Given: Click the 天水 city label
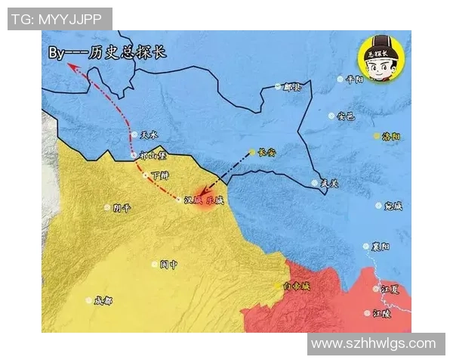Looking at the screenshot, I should tap(149, 135).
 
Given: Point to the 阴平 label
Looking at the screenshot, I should tap(121, 207).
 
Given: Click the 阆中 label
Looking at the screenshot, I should tap(168, 265).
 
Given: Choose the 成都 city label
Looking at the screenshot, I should tap(103, 300).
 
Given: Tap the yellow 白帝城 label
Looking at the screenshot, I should tap(296, 286).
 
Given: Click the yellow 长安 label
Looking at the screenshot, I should tap(267, 152).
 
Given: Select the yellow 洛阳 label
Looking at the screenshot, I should tap(391, 136).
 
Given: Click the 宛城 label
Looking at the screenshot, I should tap(393, 206).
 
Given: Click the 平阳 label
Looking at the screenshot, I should tap(354, 79).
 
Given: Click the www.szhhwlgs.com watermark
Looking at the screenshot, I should tap(374, 344).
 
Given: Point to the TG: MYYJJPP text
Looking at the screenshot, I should tap(59, 19).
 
